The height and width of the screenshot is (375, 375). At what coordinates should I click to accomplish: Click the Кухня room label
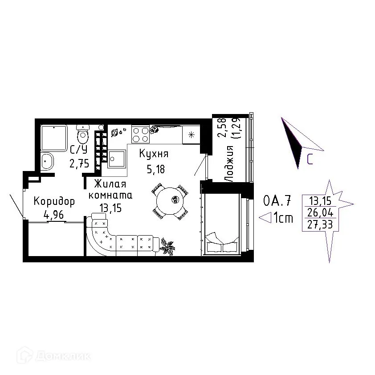coord(154,154)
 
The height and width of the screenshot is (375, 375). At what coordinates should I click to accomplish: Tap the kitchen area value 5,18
coord(156,169)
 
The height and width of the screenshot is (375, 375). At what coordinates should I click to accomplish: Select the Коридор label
coord(54,201)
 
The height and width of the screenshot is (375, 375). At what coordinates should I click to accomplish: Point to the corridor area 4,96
coord(53,215)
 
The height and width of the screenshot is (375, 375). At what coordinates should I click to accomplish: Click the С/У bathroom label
coord(79,150)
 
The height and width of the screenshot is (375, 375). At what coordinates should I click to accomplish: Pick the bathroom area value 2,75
coord(79,163)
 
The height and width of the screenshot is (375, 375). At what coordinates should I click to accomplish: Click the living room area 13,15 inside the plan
coord(110,208)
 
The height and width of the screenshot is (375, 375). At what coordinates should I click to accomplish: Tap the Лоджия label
coord(228,163)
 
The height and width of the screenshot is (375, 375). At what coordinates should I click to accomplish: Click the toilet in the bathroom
coord(83,135)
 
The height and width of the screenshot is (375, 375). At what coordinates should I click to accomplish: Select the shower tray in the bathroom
coord(54,138)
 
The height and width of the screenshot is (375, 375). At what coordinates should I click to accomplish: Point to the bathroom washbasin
coord(47,161)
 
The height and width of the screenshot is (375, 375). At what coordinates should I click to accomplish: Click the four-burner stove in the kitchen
coord(141,135)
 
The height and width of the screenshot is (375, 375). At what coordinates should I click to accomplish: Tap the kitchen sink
coord(117,159)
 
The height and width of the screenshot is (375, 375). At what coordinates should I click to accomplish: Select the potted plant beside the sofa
coord(167,246)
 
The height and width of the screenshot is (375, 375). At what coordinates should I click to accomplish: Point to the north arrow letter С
coord(310,159)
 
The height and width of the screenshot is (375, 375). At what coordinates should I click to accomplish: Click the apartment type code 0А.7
coord(277,200)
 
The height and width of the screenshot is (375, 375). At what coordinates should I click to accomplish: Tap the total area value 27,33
coord(320,224)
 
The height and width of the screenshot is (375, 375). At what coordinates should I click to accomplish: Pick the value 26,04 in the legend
coord(320,212)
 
